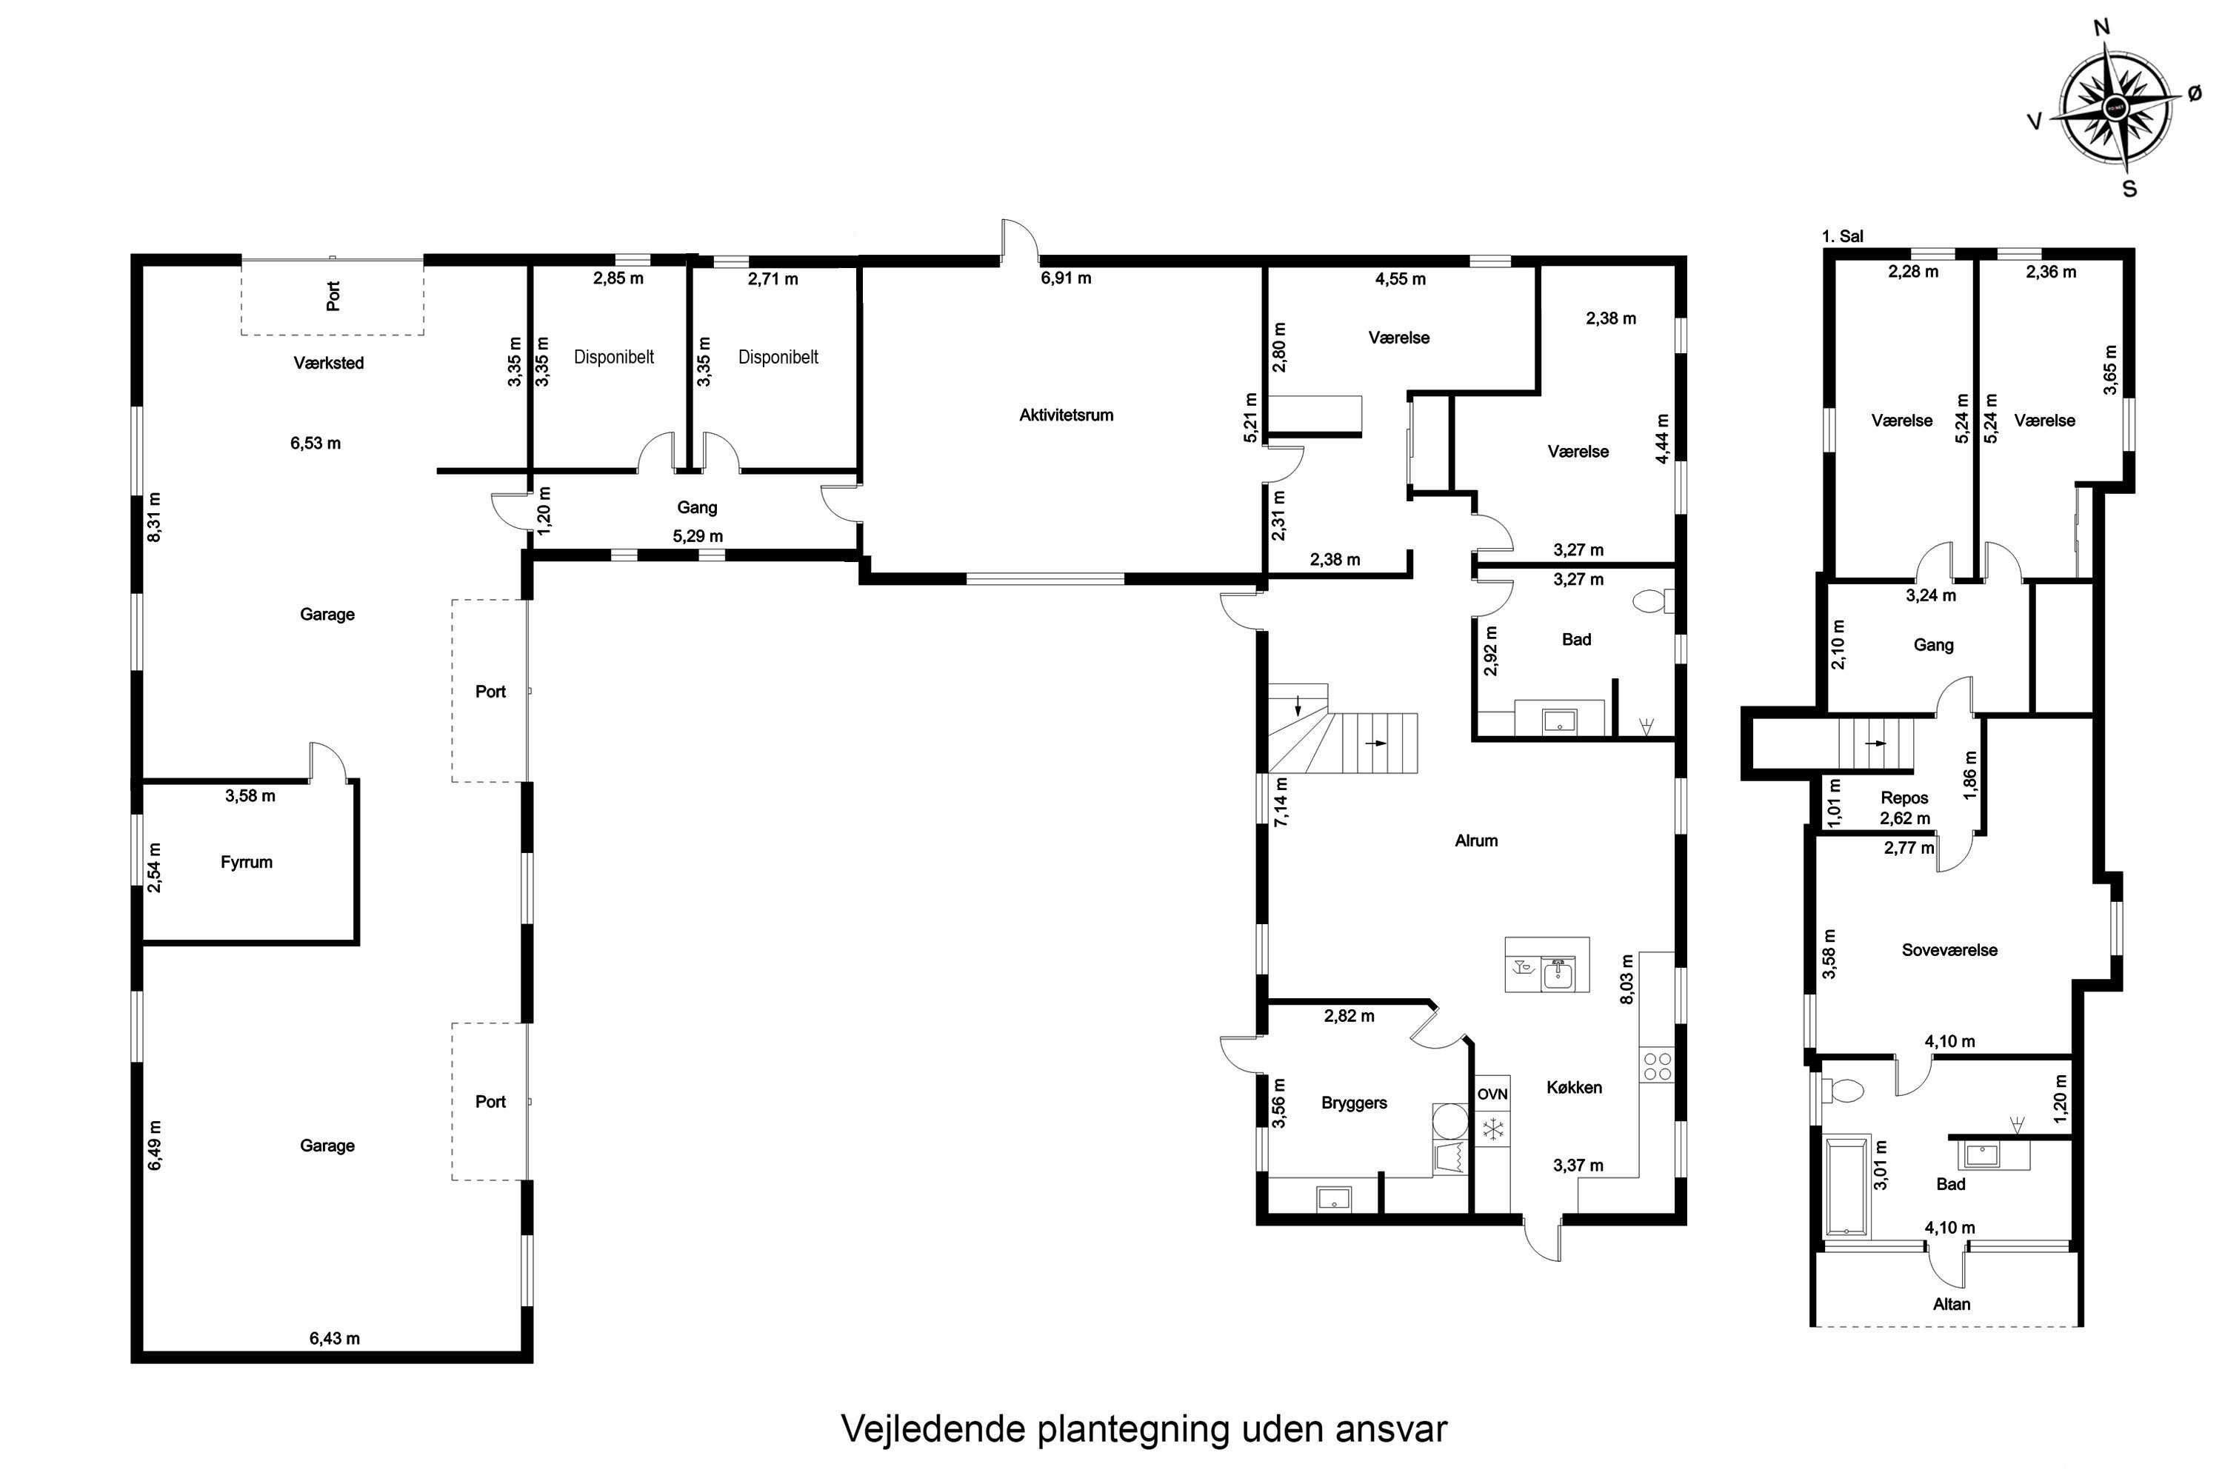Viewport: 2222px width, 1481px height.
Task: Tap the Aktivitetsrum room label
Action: pyautogui.click(x=1066, y=415)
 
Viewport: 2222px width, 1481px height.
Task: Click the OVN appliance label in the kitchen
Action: pyautogui.click(x=1492, y=1094)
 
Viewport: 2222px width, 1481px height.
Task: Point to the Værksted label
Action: pyautogui.click(x=329, y=363)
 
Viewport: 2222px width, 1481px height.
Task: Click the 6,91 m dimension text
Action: pyautogui.click(x=1066, y=278)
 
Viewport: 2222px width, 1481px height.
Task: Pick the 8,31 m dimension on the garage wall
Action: pyautogui.click(x=154, y=517)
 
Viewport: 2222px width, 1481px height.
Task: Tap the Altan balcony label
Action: pyautogui.click(x=1951, y=1303)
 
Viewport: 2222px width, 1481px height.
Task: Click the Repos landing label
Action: pyautogui.click(x=1904, y=798)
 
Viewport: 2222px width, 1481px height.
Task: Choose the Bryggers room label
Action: pyautogui.click(x=1354, y=1103)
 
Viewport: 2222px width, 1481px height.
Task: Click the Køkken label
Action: pyautogui.click(x=1574, y=1087)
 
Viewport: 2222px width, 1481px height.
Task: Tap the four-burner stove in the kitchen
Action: pyautogui.click(x=1657, y=1066)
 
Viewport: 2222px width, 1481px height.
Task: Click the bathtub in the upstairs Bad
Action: pyautogui.click(x=1845, y=1187)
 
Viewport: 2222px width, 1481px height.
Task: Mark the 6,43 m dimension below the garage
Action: pyautogui.click(x=335, y=1337)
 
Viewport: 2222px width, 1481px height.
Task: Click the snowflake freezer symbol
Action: pyautogui.click(x=1492, y=1129)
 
